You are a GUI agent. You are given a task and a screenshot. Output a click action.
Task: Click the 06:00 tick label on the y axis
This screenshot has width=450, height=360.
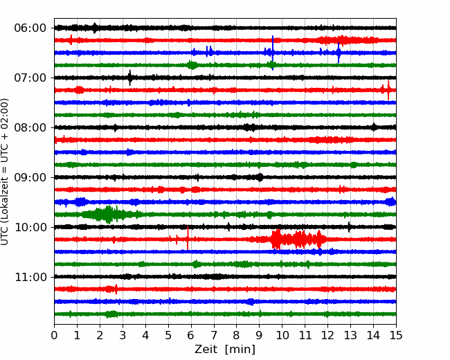point(30,28)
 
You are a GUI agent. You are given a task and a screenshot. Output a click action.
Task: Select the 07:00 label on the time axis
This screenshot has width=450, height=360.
point(30,78)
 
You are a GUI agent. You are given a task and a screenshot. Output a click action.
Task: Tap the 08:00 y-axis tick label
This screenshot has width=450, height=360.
point(30,128)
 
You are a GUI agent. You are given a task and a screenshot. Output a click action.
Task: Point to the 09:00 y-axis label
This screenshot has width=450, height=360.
point(30,178)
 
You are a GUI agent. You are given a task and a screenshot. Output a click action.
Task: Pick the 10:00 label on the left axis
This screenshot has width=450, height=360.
point(30,227)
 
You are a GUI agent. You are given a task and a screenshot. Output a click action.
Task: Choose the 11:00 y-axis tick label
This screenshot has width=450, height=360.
point(30,278)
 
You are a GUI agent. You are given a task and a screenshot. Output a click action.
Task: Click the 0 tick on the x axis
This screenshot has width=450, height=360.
point(54,335)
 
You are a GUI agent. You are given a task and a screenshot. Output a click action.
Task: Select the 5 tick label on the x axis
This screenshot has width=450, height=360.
point(168,335)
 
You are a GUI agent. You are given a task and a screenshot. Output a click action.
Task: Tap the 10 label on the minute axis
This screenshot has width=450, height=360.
point(282,335)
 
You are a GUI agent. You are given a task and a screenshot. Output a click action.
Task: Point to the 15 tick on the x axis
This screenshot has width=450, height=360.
point(396,335)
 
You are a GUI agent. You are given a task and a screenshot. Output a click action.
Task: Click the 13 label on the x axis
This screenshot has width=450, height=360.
point(350,335)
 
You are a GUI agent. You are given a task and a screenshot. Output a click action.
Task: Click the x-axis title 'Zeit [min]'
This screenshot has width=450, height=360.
point(225,350)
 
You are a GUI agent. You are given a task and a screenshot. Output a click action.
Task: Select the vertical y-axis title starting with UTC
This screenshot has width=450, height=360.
point(5,172)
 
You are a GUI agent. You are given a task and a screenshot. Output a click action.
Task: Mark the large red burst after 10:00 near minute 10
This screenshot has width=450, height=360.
point(298,239)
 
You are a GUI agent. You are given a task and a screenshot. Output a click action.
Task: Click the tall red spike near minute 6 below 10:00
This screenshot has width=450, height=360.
point(188,238)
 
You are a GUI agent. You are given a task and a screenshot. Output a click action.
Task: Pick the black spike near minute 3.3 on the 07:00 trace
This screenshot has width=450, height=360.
point(130,78)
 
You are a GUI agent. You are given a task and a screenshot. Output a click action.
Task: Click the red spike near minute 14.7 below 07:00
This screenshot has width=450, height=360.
point(388,90)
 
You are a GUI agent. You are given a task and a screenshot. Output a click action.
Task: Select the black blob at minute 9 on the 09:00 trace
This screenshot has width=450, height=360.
point(260,177)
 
